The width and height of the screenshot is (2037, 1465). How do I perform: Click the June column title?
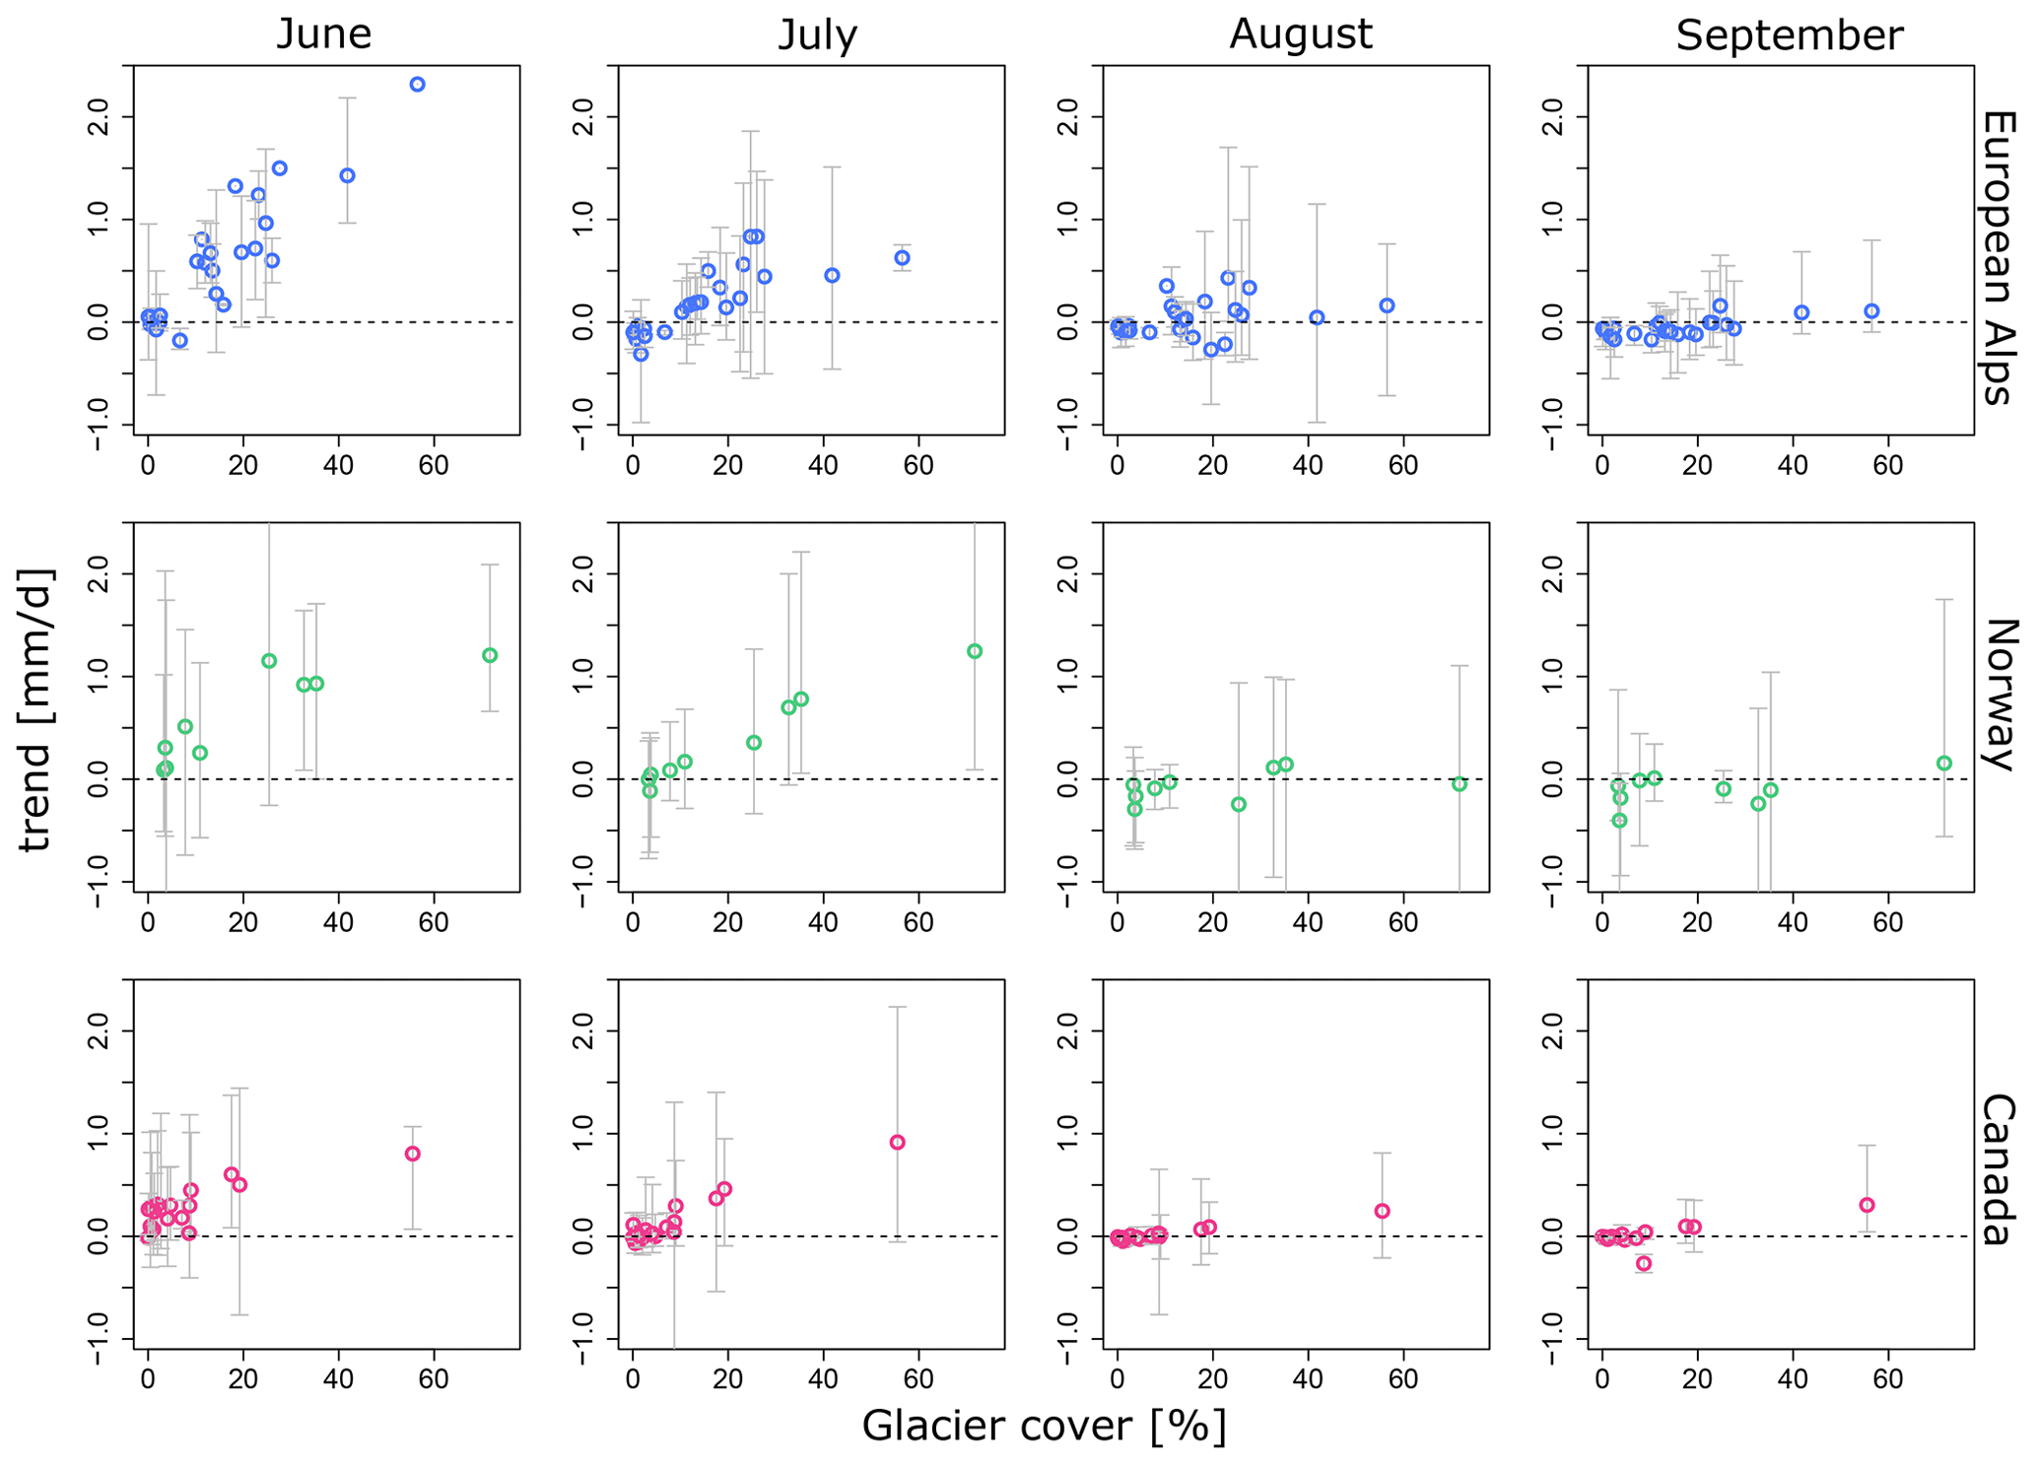coord(323,34)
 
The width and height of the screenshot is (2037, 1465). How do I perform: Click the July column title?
coord(817,34)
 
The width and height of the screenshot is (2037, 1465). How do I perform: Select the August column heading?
coord(1300,34)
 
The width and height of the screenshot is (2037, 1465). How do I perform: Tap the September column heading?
coord(1789,35)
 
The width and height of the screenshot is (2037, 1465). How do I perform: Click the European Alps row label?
coord(1997,257)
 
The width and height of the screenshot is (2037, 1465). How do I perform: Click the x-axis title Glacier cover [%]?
coord(1044,1426)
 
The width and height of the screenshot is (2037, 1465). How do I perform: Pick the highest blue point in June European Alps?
coord(418,85)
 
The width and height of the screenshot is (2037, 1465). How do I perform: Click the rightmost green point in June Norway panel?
coord(490,655)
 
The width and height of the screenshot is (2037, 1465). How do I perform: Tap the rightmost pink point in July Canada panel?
coord(897,1143)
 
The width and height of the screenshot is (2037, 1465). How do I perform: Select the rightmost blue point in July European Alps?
coord(902,258)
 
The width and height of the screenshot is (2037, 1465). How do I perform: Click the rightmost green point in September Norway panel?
coord(1943,764)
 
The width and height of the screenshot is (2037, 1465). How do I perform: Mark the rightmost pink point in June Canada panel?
coord(413,1154)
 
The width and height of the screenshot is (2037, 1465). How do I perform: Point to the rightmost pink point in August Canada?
coord(1382,1211)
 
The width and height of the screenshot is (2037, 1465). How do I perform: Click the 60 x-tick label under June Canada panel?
coord(434,1379)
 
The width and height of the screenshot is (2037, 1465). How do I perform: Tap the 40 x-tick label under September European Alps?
coord(1793,465)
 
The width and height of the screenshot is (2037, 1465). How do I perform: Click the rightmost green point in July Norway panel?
coord(975,651)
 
